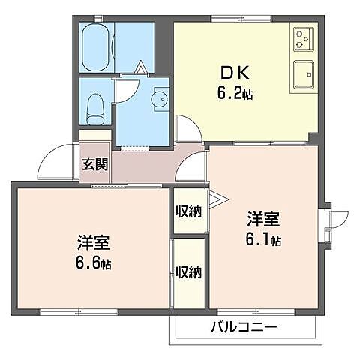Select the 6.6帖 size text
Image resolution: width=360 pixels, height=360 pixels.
[x=94, y=264]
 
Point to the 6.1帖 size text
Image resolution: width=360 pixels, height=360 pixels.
[x=264, y=240]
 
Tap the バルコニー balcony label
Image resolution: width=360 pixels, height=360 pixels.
[x=243, y=327]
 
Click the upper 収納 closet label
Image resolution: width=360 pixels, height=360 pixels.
[x=188, y=211]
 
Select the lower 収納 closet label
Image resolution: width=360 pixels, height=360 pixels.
[x=188, y=272]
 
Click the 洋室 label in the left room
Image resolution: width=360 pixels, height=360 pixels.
[x=94, y=244]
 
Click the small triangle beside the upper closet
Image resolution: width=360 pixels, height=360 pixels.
[x=216, y=200]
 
